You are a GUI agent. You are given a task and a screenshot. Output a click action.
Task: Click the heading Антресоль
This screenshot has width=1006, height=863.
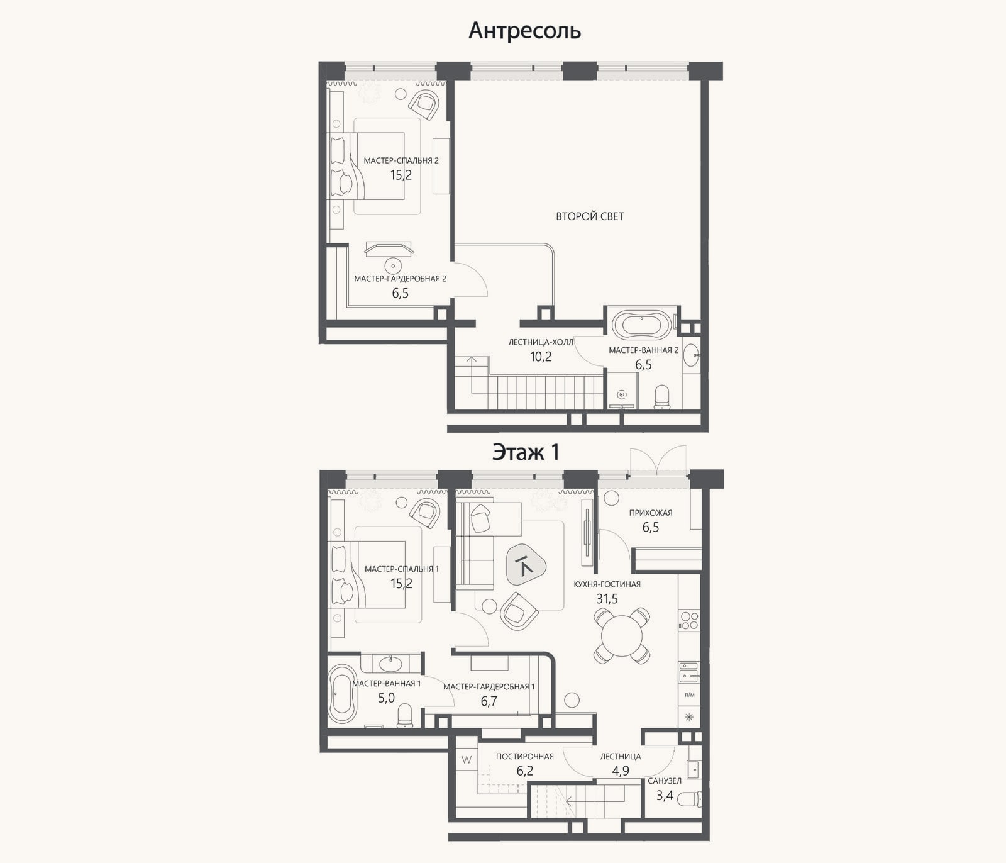click(524, 30)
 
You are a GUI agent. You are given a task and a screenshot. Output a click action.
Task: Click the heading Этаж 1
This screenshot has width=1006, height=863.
click(526, 452)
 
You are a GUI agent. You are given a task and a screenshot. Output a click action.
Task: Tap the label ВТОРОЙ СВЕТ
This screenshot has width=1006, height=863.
click(590, 216)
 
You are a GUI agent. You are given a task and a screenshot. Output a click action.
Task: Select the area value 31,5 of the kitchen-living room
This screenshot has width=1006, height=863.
click(607, 598)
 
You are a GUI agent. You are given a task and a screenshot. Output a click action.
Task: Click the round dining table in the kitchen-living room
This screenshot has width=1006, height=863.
click(622, 635)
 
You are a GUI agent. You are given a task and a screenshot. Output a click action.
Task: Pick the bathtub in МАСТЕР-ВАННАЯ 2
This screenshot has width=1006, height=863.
click(642, 326)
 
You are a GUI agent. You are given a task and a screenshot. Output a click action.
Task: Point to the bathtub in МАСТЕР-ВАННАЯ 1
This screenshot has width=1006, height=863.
click(343, 693)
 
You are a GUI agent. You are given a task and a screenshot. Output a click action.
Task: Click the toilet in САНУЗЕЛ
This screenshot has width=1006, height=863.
click(690, 799)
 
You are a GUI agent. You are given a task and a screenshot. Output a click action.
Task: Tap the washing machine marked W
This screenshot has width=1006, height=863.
click(467, 760)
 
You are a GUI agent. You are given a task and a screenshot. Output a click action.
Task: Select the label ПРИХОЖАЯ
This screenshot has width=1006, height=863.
click(651, 513)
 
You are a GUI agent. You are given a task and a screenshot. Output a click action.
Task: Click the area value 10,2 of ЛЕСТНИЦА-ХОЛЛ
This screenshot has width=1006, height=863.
click(541, 357)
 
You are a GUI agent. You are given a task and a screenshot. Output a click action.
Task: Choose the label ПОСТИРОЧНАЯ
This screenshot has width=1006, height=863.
click(525, 756)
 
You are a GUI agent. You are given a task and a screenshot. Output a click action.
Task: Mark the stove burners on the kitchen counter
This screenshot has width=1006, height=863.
click(689, 621)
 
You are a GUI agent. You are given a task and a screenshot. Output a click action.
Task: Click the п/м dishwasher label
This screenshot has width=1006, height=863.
click(690, 694)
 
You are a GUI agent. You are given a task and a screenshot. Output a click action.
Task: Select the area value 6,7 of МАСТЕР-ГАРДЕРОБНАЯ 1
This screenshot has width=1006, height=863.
click(489, 701)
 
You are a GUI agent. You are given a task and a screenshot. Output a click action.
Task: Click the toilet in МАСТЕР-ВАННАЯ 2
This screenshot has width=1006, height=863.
click(662, 397)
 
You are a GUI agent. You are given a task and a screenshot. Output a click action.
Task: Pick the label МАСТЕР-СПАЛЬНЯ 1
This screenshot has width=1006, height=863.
click(402, 569)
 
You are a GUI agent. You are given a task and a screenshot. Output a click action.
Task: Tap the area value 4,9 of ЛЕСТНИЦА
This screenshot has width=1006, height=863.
click(621, 771)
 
